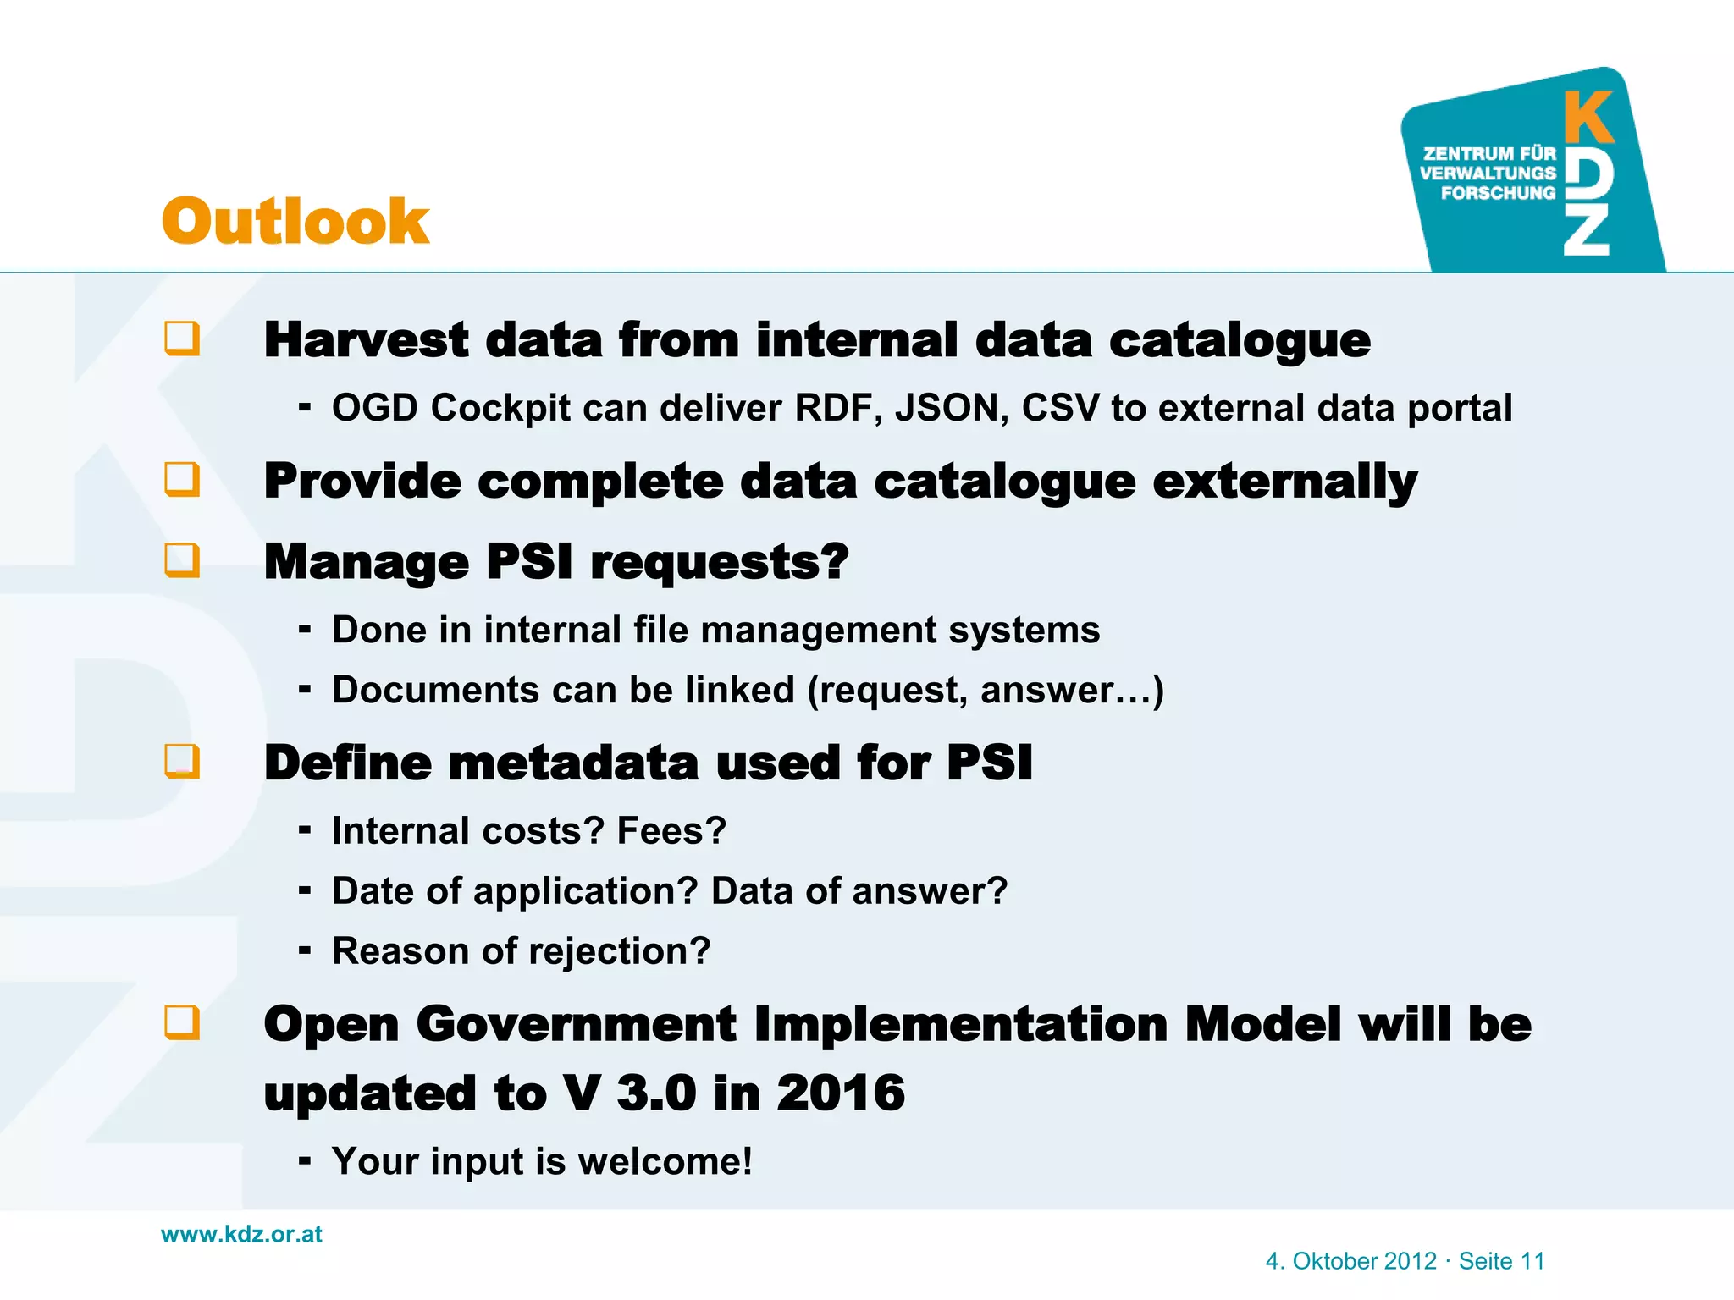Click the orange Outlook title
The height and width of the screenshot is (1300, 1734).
click(295, 222)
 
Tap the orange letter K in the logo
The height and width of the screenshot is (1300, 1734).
click(1588, 118)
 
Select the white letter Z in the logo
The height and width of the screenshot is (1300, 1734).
click(1586, 229)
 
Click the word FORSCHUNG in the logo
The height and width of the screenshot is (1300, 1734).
click(1498, 193)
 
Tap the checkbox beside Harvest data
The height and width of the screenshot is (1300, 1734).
click(182, 339)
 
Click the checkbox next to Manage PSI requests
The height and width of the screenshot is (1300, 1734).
click(182, 560)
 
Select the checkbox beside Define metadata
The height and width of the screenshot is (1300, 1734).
click(182, 761)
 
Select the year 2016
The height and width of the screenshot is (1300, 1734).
click(840, 1093)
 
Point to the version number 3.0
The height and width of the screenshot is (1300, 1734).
click(656, 1093)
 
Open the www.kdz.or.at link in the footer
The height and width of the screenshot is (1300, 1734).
click(241, 1234)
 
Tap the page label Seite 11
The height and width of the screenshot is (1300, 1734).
click(1501, 1261)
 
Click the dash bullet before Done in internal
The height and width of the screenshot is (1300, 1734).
click(305, 630)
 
